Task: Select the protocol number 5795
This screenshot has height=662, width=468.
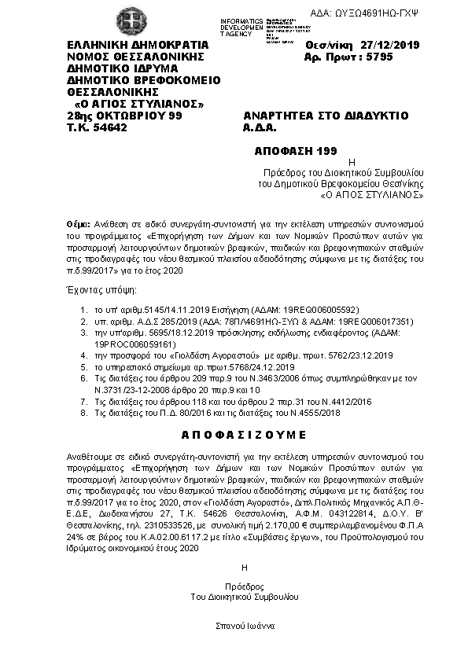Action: click(x=374, y=57)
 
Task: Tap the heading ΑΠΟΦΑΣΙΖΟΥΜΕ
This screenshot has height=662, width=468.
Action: click(x=234, y=434)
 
